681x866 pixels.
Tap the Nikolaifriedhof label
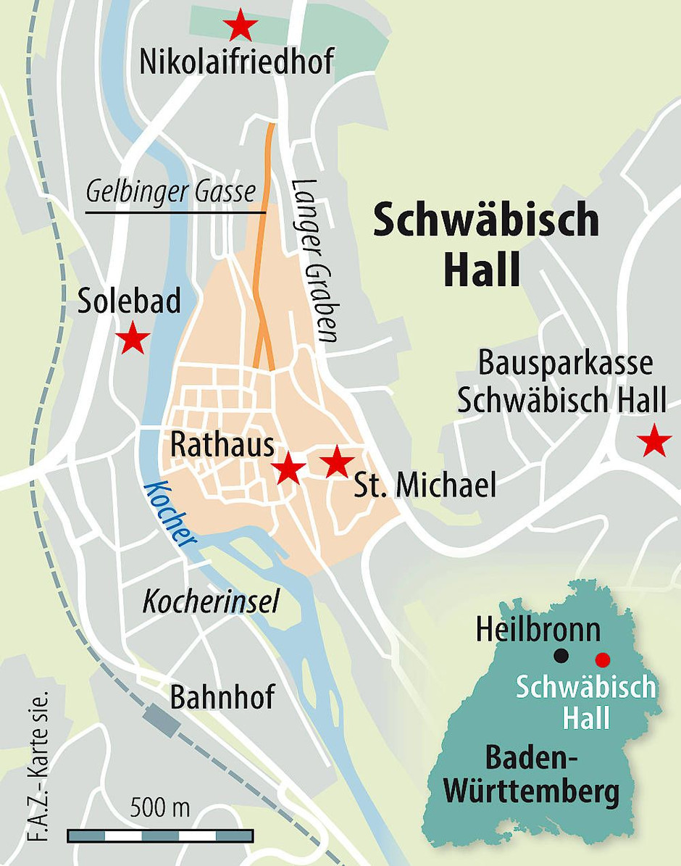click(x=237, y=63)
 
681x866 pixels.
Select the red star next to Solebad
click(x=133, y=338)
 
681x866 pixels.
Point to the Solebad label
click(x=130, y=301)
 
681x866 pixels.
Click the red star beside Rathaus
click(x=289, y=468)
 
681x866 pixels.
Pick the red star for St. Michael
click(x=336, y=462)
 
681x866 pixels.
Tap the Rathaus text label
click(x=222, y=446)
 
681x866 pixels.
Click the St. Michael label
click(x=425, y=486)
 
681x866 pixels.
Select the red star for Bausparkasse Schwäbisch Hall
click(x=655, y=441)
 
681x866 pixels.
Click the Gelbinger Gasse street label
click(x=171, y=192)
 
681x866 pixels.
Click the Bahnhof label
click(x=222, y=697)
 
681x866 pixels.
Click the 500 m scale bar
click(x=160, y=836)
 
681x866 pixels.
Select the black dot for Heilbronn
click(x=560, y=657)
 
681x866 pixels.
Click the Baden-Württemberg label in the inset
click(x=532, y=776)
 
